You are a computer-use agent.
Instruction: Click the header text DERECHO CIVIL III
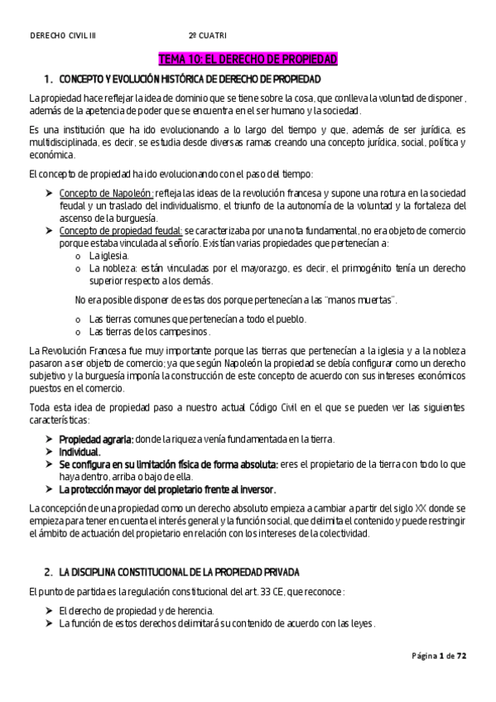(x=63, y=36)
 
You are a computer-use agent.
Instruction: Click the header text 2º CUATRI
(x=207, y=36)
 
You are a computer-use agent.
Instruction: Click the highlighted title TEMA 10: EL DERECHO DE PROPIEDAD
(x=248, y=60)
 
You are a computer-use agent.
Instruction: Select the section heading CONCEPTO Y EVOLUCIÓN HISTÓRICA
(x=190, y=79)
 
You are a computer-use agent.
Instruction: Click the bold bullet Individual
(x=79, y=452)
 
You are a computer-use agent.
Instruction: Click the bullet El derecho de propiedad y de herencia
(x=135, y=610)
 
